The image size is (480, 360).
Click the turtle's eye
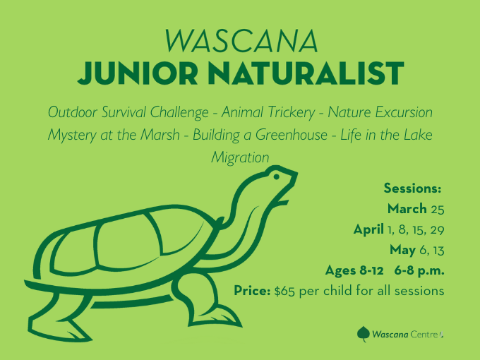(x=276, y=176)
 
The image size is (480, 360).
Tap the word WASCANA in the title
(x=241, y=41)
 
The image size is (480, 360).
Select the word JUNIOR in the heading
(x=138, y=73)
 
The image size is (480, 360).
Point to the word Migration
(x=240, y=157)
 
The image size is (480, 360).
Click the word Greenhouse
(x=292, y=135)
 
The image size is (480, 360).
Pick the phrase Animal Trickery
(x=268, y=112)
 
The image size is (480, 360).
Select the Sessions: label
(x=412, y=188)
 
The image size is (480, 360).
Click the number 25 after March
(x=438, y=210)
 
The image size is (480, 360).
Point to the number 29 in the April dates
(x=437, y=230)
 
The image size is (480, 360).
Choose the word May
(x=402, y=251)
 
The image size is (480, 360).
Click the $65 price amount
(x=284, y=291)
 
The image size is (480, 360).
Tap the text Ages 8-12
(x=354, y=270)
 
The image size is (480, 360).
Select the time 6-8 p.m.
(x=419, y=270)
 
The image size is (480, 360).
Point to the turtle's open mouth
(x=284, y=196)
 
